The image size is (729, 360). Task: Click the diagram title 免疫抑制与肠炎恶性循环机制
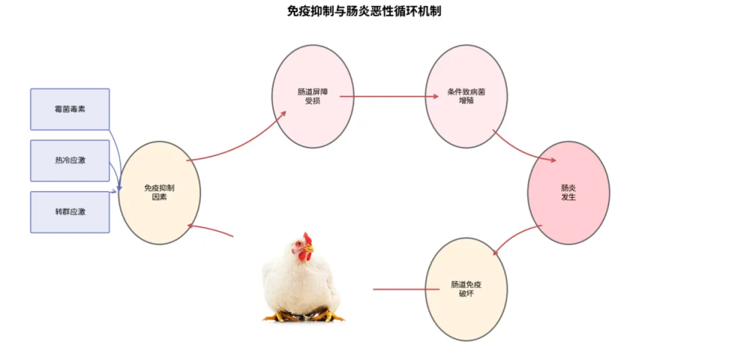pyautogui.click(x=364, y=11)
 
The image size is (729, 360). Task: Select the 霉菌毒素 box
pyautogui.click(x=70, y=109)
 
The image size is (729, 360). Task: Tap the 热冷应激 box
pyautogui.click(x=70, y=161)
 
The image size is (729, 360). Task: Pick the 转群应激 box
pyautogui.click(x=70, y=212)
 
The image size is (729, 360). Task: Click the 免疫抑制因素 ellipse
pyautogui.click(x=159, y=192)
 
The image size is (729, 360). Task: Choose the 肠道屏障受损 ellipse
pyautogui.click(x=313, y=96)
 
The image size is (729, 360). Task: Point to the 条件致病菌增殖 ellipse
pyautogui.click(x=466, y=96)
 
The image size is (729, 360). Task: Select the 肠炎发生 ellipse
pyautogui.click(x=568, y=192)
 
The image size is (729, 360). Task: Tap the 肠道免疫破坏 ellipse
pyautogui.click(x=466, y=289)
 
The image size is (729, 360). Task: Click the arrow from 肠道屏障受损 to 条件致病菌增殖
pyautogui.click(x=389, y=96)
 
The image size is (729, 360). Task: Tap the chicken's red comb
pyautogui.click(x=308, y=238)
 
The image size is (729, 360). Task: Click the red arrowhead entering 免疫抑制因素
pyautogui.click(x=191, y=226)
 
